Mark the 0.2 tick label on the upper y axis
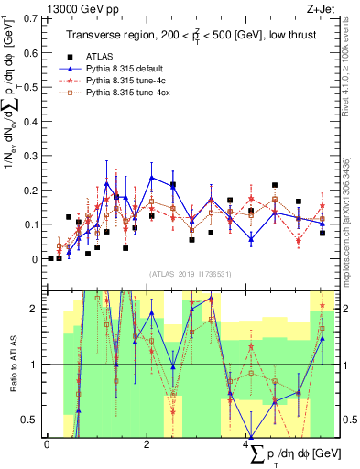(x=31, y=190)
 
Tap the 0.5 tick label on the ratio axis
(x=31, y=420)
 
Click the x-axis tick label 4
(x=248, y=445)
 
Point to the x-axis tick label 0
(x=47, y=445)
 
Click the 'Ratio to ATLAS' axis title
(x=12, y=365)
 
